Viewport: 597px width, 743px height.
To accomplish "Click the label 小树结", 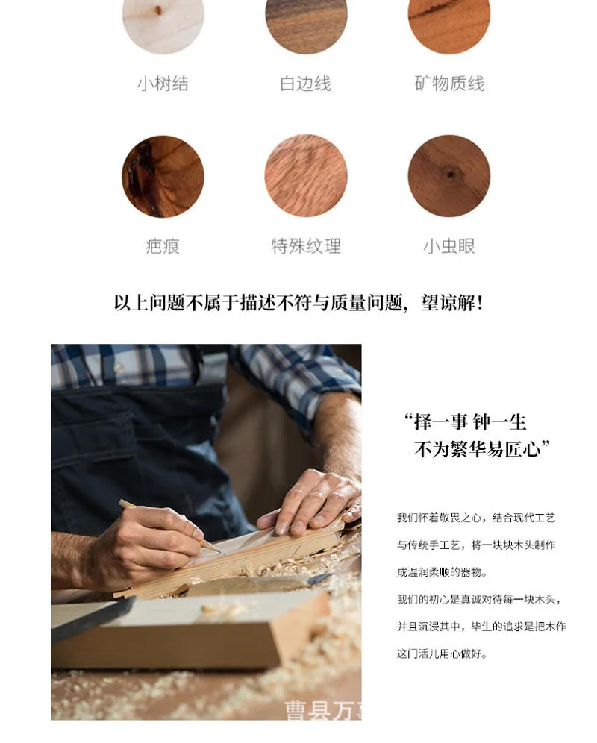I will coord(163,84).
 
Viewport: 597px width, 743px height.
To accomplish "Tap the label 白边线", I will coord(305,84).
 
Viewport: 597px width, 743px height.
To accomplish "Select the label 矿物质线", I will coord(449,84).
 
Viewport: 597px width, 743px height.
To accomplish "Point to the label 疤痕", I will coord(163,246).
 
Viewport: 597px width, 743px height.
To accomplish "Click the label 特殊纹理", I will coord(306,246).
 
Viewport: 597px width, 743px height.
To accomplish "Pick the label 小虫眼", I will coord(449,246).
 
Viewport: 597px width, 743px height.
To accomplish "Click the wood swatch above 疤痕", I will coord(163,176).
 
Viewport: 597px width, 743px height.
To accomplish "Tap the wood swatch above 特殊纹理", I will coord(306,176).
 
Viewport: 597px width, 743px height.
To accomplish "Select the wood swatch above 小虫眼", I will coord(449,176).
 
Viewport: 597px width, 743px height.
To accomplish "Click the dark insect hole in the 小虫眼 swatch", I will coord(451,175).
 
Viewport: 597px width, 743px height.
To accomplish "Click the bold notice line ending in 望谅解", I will coord(298,304).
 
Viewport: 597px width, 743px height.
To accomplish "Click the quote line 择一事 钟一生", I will coord(466,422).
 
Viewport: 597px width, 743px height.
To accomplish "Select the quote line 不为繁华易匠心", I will coord(482,449).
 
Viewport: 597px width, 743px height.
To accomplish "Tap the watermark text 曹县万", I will coord(322,709).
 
